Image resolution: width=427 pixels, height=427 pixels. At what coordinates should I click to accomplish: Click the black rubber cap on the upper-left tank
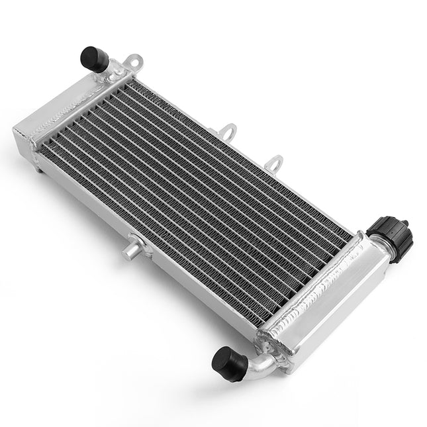[95, 58]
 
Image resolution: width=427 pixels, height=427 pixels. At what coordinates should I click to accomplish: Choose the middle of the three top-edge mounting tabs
[227, 129]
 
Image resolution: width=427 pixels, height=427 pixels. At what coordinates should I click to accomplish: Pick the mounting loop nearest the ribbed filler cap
[274, 162]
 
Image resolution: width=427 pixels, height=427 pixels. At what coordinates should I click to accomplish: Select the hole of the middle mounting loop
[228, 128]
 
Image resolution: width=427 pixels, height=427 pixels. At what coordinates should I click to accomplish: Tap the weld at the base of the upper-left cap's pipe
[113, 70]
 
